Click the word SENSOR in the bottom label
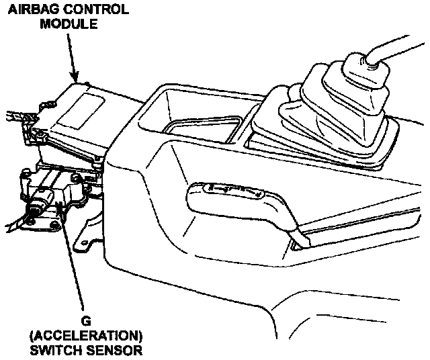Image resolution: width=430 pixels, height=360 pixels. pos(114,350)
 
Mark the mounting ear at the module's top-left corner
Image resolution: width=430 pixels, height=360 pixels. pos(48,105)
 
